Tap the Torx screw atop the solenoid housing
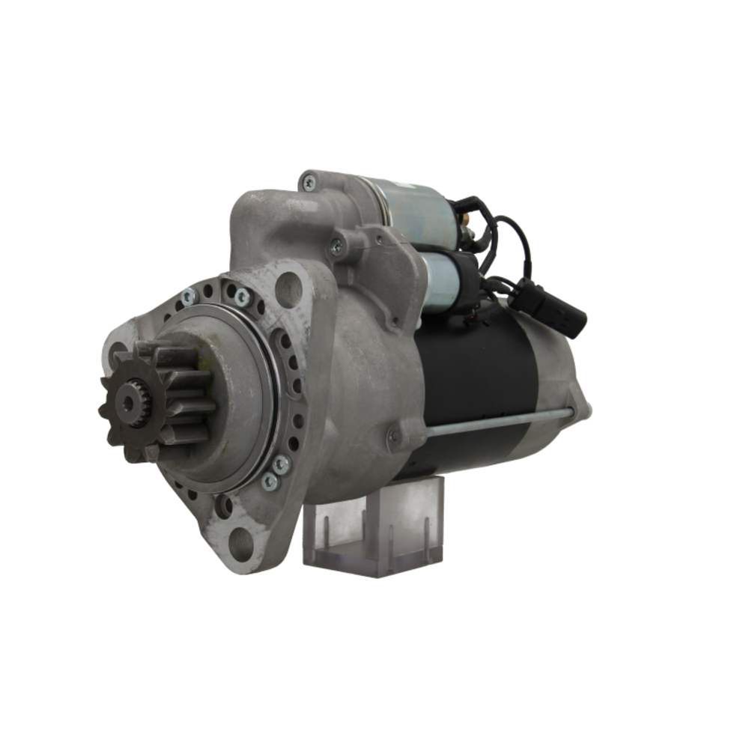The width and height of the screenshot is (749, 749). pos(309,183)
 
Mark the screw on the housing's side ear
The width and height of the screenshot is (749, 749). pos(338,244)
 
